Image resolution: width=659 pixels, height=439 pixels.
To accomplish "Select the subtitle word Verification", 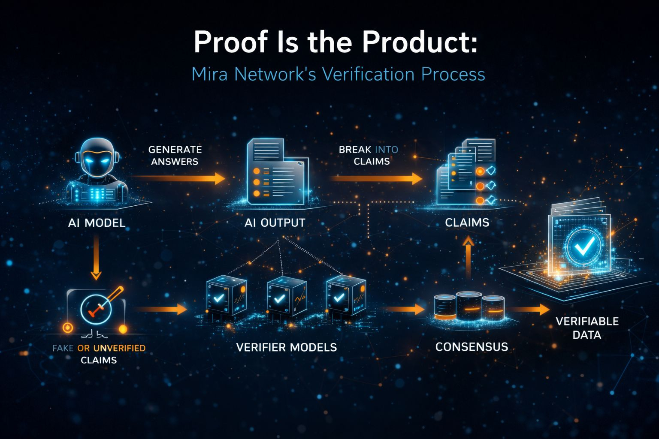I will [x=368, y=74].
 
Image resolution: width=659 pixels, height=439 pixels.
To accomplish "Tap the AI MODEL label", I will [x=97, y=223].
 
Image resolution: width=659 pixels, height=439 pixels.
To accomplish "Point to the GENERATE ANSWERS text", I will [x=175, y=155].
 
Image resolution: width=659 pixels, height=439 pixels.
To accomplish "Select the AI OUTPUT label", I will [x=275, y=223].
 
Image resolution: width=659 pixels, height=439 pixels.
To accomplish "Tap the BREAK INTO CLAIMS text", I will [x=368, y=155].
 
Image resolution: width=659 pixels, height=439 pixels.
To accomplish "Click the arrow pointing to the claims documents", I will [x=378, y=178].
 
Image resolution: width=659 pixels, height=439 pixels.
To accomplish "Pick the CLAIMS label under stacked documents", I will [x=467, y=223].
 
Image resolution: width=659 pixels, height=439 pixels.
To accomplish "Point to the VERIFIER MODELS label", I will [x=286, y=347].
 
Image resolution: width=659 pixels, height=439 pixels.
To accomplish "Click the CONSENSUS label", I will [x=472, y=347].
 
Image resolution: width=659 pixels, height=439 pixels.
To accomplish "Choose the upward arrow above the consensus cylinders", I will [x=468, y=257].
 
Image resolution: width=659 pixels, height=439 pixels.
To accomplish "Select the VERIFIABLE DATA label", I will [x=587, y=328].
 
